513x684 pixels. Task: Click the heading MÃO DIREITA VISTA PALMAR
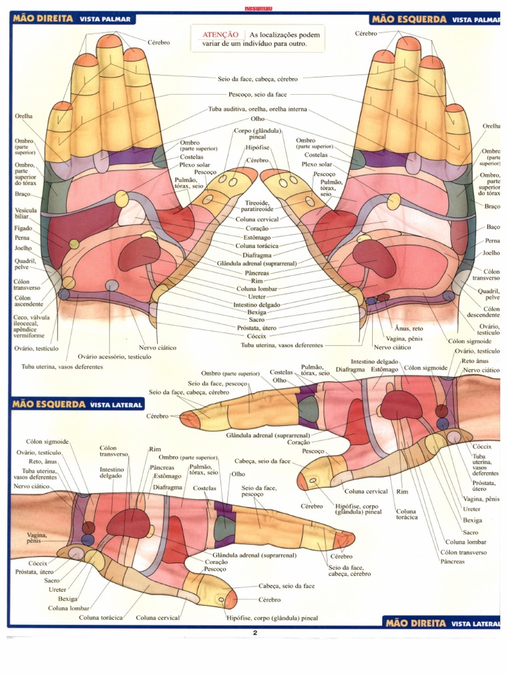coord(72,19)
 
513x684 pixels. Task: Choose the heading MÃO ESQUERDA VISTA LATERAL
coord(77,404)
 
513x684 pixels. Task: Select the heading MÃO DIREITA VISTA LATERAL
coord(441,623)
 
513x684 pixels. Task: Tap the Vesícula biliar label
coord(25,213)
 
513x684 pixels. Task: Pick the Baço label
coord(493,228)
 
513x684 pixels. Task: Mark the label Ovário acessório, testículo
coord(114,357)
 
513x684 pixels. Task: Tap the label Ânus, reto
coord(409,328)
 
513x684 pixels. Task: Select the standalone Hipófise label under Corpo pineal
coord(257,147)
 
